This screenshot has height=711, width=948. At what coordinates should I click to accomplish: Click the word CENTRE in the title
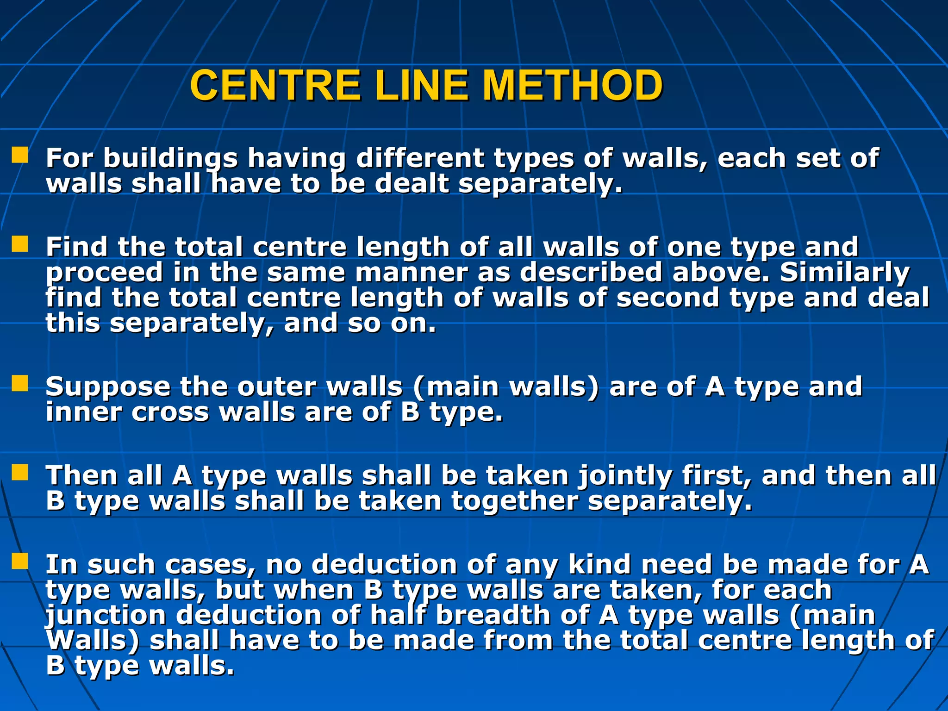275,86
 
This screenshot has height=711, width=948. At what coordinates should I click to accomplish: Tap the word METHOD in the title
572,86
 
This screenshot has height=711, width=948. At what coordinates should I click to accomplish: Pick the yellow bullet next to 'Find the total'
20,244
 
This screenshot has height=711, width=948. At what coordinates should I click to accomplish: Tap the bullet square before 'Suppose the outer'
20,383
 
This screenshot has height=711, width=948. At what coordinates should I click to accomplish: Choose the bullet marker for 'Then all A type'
20,473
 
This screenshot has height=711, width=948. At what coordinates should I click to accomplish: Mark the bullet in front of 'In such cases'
20,561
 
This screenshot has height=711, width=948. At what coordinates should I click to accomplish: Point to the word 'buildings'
170,159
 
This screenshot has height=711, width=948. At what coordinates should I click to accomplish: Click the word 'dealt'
412,184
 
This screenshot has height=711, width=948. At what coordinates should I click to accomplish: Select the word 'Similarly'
845,272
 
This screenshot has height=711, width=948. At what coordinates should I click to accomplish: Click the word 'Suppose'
108,387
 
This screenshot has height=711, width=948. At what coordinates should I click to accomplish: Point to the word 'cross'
170,412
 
